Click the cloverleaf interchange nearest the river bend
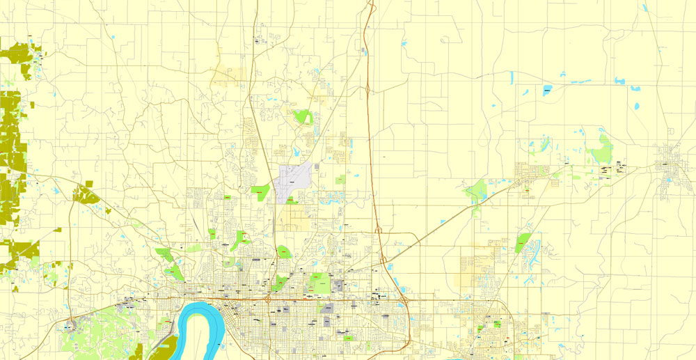click(268, 299)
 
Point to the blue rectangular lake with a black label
click(547, 90)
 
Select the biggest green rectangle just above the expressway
click(321, 283)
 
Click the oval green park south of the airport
click(285, 251)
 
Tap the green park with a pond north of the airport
click(302, 116)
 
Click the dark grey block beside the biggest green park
click(340, 284)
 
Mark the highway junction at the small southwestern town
click(71, 324)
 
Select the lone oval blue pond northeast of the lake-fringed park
click(636, 107)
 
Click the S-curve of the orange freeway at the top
click(370, 17)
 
